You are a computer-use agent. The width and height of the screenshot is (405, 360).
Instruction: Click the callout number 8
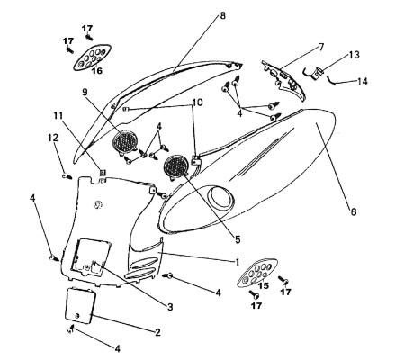222,15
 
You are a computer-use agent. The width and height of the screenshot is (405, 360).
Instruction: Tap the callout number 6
354,211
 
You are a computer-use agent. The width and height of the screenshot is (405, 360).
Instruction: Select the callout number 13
354,55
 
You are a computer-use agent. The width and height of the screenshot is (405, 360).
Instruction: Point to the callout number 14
363,81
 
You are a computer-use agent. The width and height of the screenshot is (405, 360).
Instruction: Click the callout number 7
321,47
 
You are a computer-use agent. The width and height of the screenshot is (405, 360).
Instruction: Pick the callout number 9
85,92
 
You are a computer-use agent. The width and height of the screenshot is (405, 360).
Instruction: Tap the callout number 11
58,115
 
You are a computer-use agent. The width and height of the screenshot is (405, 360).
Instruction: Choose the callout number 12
53,138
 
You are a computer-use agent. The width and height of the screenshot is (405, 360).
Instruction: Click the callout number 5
238,239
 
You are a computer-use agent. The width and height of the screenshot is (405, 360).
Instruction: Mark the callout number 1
237,262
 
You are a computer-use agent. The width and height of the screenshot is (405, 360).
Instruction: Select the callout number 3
170,307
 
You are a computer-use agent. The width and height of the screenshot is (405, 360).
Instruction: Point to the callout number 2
157,332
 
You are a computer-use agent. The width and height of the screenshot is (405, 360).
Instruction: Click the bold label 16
97,71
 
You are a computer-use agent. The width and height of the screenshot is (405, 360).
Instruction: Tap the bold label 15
264,285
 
